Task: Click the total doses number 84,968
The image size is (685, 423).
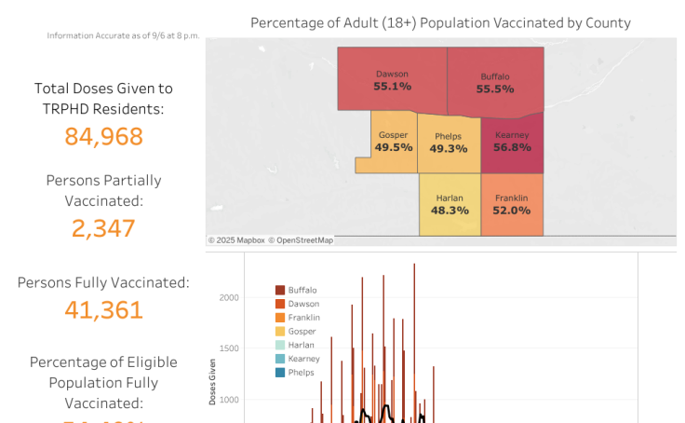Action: click(103, 137)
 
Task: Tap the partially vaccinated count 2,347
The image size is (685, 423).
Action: click(103, 228)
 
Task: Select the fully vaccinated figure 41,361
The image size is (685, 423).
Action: click(103, 309)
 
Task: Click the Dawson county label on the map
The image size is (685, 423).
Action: click(392, 74)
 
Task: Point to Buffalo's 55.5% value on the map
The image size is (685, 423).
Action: click(495, 89)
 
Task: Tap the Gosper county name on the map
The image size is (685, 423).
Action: click(394, 135)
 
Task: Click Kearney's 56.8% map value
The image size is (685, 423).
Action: click(512, 147)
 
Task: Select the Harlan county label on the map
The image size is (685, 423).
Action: click(449, 198)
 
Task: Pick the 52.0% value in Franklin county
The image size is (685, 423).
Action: click(512, 211)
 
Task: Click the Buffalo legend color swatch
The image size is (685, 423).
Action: click(280, 290)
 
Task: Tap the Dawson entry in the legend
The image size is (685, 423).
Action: click(302, 304)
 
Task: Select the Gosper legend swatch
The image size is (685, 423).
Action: click(280, 331)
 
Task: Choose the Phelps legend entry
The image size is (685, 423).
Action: click(301, 373)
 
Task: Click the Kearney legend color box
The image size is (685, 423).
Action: click(280, 359)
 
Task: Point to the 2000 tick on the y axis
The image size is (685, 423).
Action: click(229, 298)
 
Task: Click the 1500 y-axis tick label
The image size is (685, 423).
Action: click(229, 348)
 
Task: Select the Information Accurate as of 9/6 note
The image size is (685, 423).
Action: click(123, 36)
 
